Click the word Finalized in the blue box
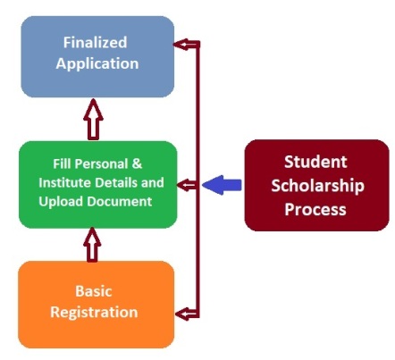[x=95, y=42]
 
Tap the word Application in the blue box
[x=97, y=64]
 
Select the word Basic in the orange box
[x=93, y=291]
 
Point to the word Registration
[x=94, y=313]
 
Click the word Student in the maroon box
[x=315, y=162]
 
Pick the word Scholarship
[x=317, y=186]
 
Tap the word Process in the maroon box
[x=315, y=209]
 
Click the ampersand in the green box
[x=137, y=163]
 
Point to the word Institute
[x=63, y=182]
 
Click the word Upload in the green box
[x=61, y=202]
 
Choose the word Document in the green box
[x=120, y=202]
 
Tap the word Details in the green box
[x=116, y=182]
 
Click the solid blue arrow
[x=222, y=185]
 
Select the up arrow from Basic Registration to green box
[x=92, y=245]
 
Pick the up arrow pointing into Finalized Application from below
[x=93, y=119]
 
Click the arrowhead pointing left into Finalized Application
[x=183, y=45]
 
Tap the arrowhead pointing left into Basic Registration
[x=185, y=314]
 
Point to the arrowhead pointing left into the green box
[x=185, y=185]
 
